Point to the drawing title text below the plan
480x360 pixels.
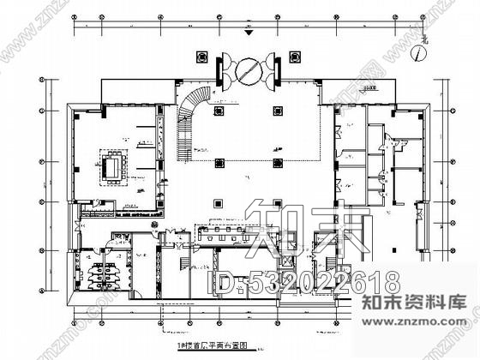point(211,344)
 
